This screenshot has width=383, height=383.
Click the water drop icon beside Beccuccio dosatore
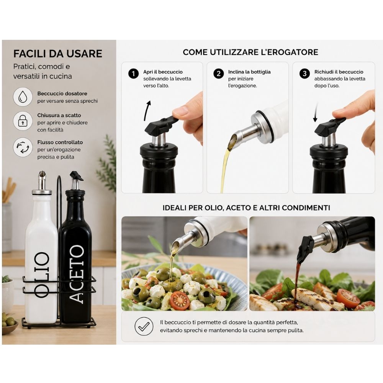(23, 97)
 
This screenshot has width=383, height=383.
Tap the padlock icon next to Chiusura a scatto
(23, 121)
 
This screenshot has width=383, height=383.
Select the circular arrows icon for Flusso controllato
(23, 147)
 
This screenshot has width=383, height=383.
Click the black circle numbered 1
(133, 74)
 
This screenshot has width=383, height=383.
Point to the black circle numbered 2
(218, 74)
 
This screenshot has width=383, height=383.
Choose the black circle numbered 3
(304, 74)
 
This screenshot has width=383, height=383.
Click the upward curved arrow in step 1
(147, 110)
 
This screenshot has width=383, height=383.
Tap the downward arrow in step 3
(316, 112)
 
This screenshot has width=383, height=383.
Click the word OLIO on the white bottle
(41, 275)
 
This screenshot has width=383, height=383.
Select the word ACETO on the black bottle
(77, 274)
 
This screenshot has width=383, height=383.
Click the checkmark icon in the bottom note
(144, 326)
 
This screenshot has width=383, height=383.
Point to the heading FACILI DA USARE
(58, 54)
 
